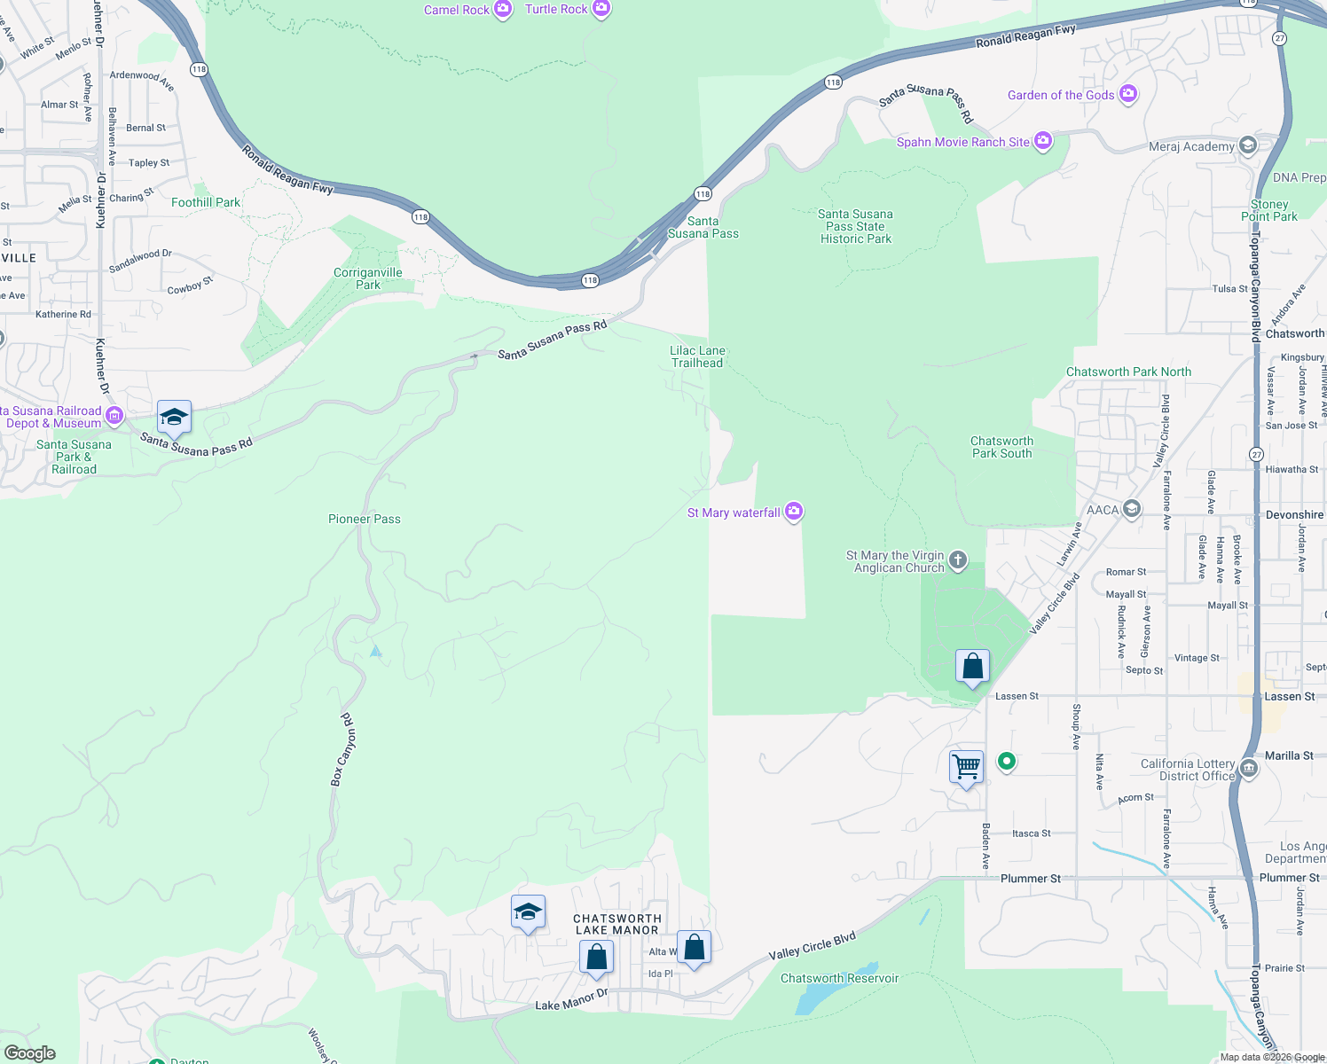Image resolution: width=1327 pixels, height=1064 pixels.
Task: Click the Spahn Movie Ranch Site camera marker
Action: (x=1043, y=141)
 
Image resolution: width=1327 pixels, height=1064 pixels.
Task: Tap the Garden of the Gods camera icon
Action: (x=1128, y=94)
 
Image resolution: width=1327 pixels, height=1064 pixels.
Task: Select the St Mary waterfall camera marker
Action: (x=794, y=511)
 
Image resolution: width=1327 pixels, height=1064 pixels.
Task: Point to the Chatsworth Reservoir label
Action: (x=839, y=978)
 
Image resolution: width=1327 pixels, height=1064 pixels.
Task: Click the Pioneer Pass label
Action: (x=365, y=519)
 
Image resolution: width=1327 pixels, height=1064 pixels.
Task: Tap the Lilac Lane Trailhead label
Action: (x=697, y=356)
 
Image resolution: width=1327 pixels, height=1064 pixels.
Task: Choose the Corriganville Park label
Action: (x=368, y=278)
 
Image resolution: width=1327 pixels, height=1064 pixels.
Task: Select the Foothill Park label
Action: (x=206, y=202)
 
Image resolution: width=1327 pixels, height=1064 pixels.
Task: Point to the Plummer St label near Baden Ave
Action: (x=1030, y=879)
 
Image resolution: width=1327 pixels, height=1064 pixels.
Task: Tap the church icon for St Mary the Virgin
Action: (x=957, y=559)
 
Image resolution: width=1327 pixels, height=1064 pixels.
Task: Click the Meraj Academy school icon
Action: (x=1248, y=145)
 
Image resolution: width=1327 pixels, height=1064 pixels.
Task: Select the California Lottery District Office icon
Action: (x=1249, y=767)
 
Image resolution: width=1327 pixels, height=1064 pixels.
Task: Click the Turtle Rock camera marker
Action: (x=601, y=9)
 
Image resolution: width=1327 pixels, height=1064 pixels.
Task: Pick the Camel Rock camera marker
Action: (x=503, y=10)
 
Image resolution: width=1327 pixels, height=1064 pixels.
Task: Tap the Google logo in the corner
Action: (x=29, y=1053)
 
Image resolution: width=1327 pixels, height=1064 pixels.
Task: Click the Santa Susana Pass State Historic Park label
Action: (x=855, y=226)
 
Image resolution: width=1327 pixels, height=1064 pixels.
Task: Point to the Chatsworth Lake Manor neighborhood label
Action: (x=617, y=924)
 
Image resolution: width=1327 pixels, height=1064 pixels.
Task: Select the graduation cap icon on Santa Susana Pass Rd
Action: (x=174, y=417)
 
